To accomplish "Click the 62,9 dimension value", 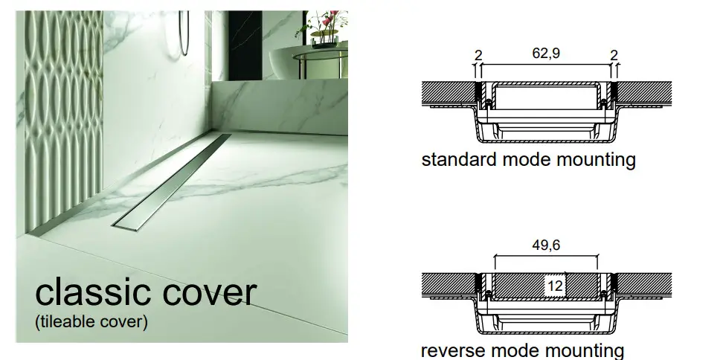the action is pyautogui.click(x=546, y=54).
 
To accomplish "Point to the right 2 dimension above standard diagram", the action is pyautogui.click(x=614, y=54).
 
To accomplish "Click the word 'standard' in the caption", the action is pyautogui.click(x=454, y=159).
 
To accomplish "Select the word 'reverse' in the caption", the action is pyautogui.click(x=449, y=350).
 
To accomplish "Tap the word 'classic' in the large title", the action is pyautogui.click(x=92, y=292).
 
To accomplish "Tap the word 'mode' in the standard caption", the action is pyautogui.click(x=514, y=159).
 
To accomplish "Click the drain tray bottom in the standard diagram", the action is pyautogui.click(x=546, y=138).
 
